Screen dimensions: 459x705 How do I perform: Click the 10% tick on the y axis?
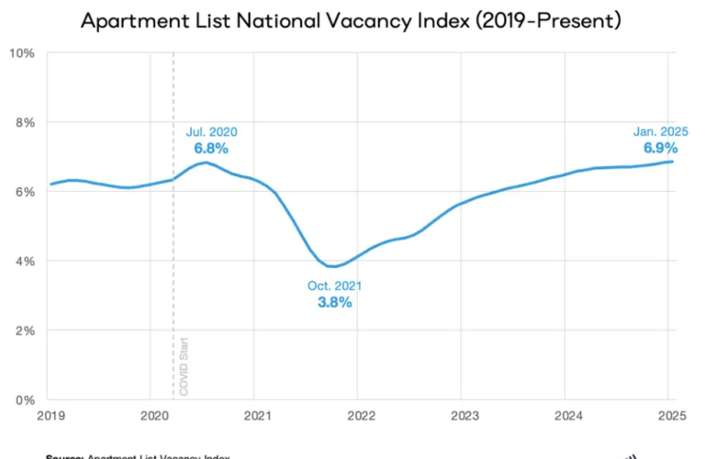pos(22,52)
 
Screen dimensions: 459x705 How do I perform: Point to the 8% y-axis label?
pos(25,122)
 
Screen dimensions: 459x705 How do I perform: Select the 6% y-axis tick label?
pos(25,191)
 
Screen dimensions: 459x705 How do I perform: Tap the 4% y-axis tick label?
pos(25,261)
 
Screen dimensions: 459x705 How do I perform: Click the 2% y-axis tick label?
pos(25,330)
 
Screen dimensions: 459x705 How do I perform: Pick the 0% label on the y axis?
pos(25,399)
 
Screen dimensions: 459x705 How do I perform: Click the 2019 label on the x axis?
pos(50,415)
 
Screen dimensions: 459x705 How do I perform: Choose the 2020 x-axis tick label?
pos(153,415)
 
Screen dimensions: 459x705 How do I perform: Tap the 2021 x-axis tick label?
pos(257,415)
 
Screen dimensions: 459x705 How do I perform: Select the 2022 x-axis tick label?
pos(361,415)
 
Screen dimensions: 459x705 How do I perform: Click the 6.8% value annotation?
pos(211,147)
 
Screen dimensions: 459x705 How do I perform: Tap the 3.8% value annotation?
pos(334,303)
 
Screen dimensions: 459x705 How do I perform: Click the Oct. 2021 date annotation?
pos(334,286)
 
